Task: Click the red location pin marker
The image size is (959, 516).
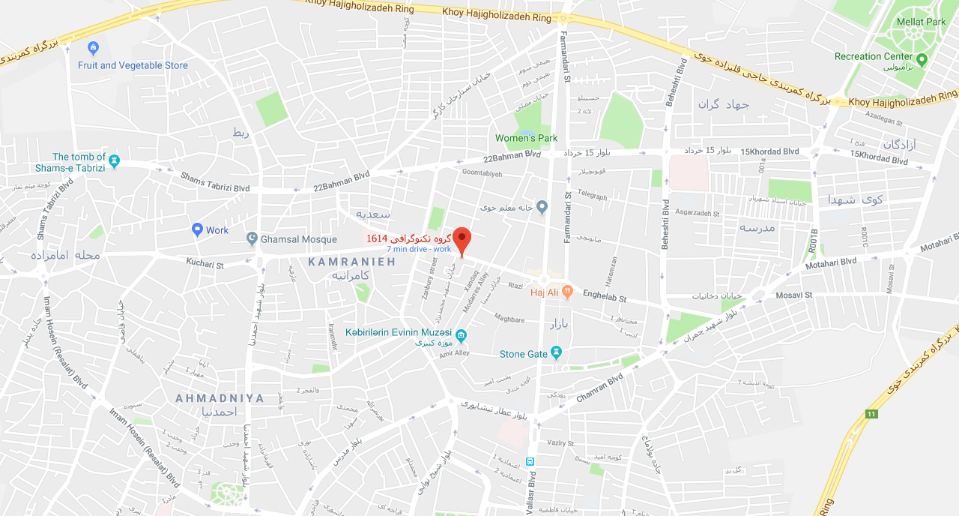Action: [462, 240]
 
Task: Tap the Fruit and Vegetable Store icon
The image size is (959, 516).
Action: [93, 49]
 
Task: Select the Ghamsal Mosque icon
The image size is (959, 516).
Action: [252, 239]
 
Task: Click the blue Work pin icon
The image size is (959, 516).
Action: [197, 229]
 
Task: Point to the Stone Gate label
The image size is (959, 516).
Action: [524, 354]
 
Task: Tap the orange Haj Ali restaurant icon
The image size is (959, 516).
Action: [567, 291]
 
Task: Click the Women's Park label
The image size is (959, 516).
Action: [526, 138]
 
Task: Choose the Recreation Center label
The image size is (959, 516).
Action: [874, 56]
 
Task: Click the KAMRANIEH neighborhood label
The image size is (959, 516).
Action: [351, 261]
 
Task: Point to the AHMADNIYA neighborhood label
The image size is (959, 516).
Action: [220, 398]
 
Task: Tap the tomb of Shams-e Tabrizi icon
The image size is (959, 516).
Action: [114, 160]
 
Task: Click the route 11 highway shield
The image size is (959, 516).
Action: [871, 414]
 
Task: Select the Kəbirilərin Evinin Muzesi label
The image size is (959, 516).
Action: [398, 332]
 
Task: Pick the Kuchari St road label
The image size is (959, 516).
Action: [205, 265]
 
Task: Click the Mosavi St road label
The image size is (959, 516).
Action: [793, 295]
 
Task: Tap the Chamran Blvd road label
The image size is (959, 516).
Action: [599, 387]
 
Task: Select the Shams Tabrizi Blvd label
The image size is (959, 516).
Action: [215, 181]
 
